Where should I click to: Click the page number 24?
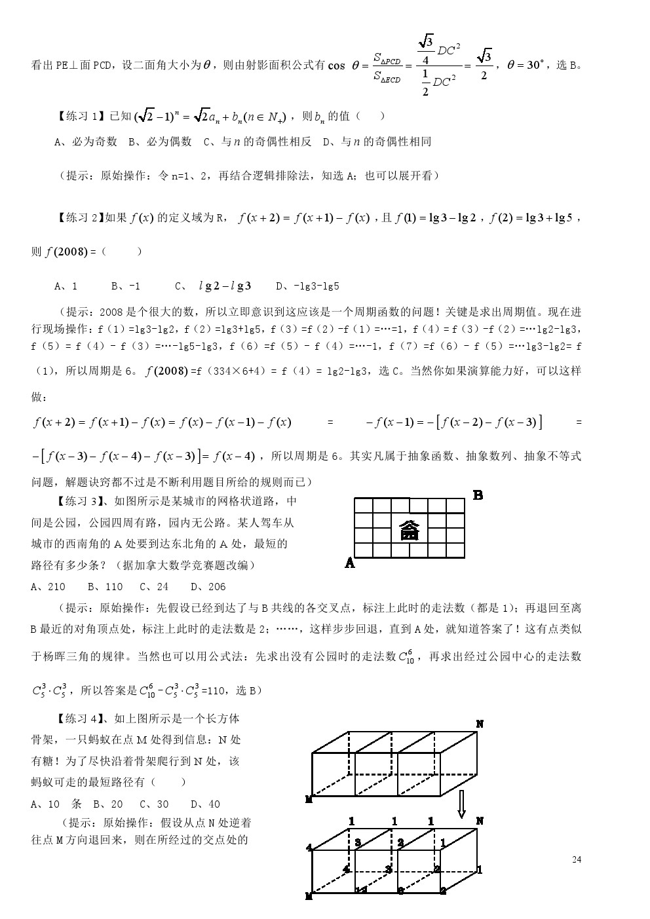click(x=576, y=859)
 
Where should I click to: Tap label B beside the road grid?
click(x=478, y=495)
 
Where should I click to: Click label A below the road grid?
click(x=350, y=563)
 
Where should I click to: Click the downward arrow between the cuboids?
click(x=461, y=803)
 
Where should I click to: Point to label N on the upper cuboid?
click(x=480, y=724)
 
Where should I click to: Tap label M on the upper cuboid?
click(x=309, y=799)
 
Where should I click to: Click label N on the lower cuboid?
click(x=480, y=821)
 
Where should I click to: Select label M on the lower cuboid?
click(x=309, y=896)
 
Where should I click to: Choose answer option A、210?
click(x=48, y=587)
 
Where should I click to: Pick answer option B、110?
click(x=105, y=587)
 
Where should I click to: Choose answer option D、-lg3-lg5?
click(x=307, y=286)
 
